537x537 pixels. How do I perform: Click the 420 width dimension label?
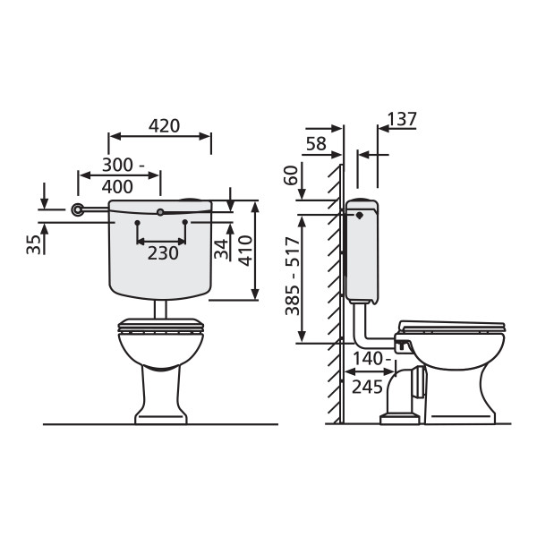point(164,126)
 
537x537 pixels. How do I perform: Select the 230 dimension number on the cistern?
point(163,253)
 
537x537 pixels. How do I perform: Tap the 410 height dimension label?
point(245,251)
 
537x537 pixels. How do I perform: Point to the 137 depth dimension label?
point(402,119)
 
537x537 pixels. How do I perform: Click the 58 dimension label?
point(316,144)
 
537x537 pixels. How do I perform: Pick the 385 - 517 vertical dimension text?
point(293,277)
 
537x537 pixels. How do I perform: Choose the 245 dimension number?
point(367,388)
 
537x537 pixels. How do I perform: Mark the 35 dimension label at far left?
point(34,244)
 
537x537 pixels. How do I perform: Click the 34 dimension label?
point(221,249)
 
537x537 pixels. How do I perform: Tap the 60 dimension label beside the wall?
point(292,175)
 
